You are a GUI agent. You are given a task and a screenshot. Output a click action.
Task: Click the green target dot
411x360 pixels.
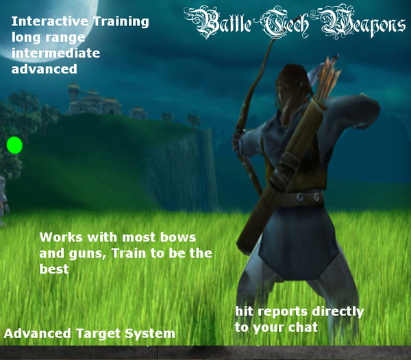pos(14,145)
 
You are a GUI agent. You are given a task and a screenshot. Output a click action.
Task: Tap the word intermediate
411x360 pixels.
pos(55,53)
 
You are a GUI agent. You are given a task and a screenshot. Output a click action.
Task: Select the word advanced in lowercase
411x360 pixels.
pos(44,69)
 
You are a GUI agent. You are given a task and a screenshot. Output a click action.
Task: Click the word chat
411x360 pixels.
pos(300,327)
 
